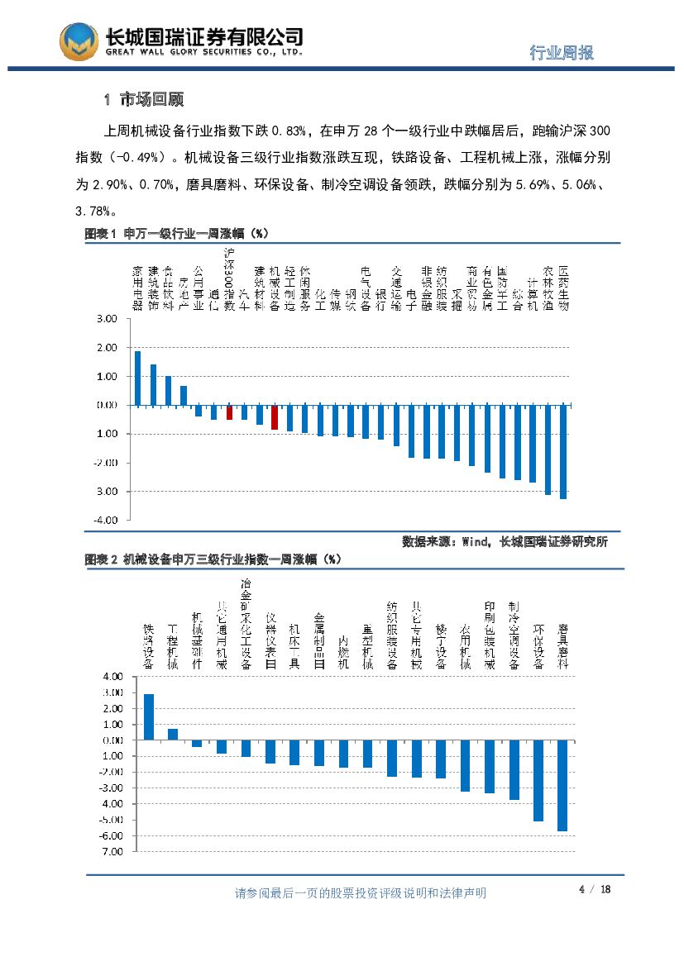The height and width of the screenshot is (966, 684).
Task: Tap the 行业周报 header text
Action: pos(562,53)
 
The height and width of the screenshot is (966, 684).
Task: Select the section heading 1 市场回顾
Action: pos(143,100)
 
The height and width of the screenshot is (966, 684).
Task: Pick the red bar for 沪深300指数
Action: pos(230,412)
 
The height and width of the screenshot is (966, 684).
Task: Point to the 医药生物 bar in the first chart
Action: pos(563,452)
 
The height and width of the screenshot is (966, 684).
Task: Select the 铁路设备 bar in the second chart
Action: pos(149,716)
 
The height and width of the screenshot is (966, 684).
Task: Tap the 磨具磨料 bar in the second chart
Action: pos(562,785)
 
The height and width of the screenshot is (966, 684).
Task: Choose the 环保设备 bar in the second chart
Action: pos(538,780)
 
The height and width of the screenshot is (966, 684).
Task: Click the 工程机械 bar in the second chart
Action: pos(173,734)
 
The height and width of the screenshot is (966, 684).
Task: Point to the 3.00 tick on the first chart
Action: pos(106,319)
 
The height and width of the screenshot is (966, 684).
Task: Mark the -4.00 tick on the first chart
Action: pos(105,521)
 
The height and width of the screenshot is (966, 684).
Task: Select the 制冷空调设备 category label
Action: pos(514,635)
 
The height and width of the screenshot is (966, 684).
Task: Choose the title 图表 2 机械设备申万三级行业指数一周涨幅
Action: pos(213,559)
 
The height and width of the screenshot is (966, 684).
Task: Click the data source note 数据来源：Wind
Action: pos(505,542)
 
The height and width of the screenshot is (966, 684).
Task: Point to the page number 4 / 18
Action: pos(595,889)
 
